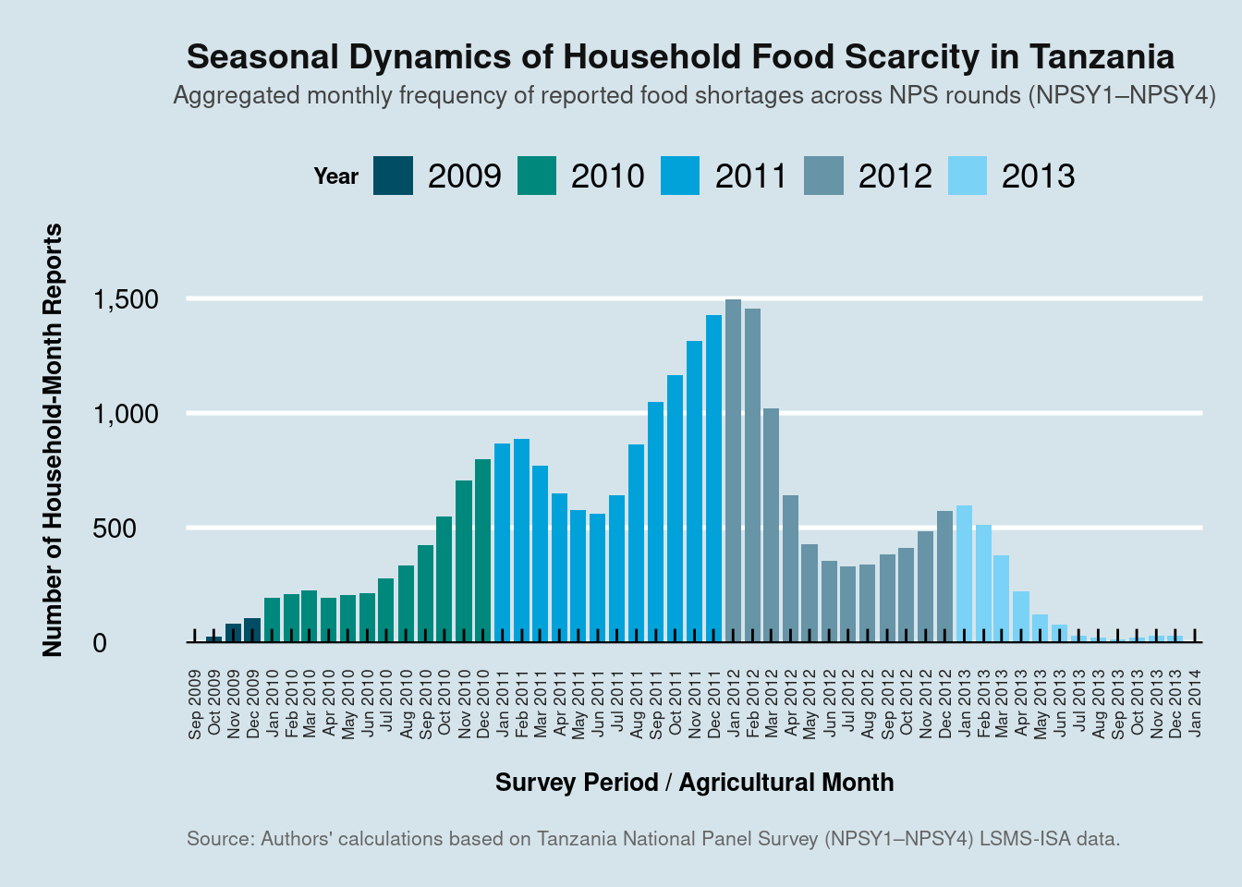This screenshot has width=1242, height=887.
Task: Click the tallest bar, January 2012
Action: coord(733,470)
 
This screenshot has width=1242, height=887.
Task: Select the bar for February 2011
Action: coord(521,541)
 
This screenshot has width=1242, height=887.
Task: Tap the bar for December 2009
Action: coord(252,630)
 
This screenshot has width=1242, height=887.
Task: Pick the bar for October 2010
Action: coord(444,579)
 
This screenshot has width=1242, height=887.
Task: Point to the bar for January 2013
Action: coord(964,574)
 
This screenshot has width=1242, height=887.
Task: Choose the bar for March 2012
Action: coord(772,526)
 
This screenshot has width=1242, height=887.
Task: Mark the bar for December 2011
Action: coord(713,479)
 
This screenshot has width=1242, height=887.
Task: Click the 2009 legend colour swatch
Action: coord(393,176)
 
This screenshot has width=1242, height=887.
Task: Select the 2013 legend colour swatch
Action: coord(968,176)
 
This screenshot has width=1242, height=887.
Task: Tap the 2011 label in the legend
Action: coord(750,176)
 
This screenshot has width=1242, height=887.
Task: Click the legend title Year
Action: coord(336,176)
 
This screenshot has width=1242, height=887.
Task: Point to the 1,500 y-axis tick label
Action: coord(126,300)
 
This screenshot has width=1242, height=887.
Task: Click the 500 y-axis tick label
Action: coord(115,529)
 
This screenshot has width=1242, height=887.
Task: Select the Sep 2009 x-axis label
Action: coord(195,704)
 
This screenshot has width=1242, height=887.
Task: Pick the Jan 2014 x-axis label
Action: coord(1195,703)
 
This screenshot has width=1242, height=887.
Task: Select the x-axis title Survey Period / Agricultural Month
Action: coord(694,783)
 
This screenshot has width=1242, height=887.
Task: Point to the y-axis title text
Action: coord(52,440)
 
